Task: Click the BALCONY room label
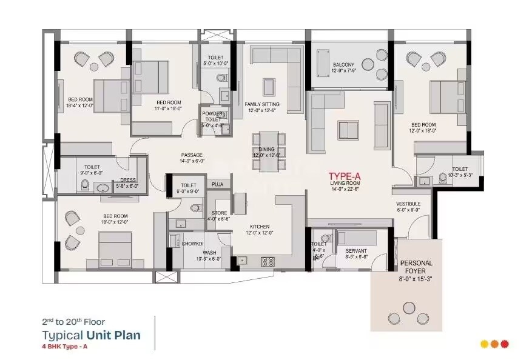point(343,65)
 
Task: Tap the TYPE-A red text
point(345,175)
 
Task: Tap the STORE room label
point(219,213)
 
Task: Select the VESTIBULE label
point(409,204)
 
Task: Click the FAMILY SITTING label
point(262,104)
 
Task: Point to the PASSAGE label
point(191,155)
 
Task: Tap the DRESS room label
point(128,179)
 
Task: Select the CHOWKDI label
point(192,244)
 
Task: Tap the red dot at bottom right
point(505,344)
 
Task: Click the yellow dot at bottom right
point(484,344)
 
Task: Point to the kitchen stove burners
point(267,261)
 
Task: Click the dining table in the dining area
point(268,150)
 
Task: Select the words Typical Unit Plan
point(91,335)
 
